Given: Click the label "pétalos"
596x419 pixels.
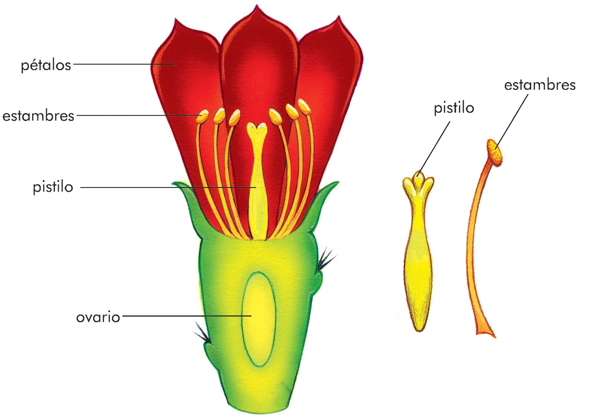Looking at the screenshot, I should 46,65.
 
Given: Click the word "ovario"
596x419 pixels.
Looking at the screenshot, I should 98,317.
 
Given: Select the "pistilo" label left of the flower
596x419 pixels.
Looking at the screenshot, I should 53,187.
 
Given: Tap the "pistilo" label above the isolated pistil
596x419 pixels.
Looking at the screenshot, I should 454,108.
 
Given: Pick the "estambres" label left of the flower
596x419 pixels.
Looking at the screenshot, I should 38,116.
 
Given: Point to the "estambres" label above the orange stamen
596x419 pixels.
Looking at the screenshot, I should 540,85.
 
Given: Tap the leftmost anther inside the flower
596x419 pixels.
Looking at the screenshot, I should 202,117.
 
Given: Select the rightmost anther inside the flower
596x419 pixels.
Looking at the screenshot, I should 304,107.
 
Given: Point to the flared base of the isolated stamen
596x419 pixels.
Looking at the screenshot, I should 485,331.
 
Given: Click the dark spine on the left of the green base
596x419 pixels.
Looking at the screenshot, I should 202,334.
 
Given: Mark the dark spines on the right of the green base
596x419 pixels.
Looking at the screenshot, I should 326,259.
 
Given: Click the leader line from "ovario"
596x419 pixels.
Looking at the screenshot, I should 183,316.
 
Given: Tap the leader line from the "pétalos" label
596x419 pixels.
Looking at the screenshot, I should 124,64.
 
